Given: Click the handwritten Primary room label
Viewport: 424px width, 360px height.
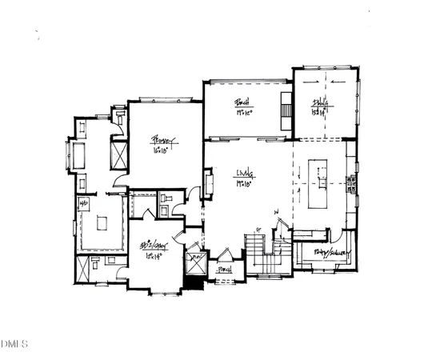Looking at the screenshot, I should click(x=165, y=141).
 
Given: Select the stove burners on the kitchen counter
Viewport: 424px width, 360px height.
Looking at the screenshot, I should click(x=350, y=185).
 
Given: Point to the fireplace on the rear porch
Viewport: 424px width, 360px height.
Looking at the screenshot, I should click(x=285, y=107).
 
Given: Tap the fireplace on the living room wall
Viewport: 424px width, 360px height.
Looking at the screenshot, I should click(x=210, y=186).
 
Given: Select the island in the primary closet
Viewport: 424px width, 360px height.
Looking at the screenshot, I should click(x=101, y=223).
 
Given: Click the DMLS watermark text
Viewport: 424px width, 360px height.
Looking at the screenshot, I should click(x=15, y=345).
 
